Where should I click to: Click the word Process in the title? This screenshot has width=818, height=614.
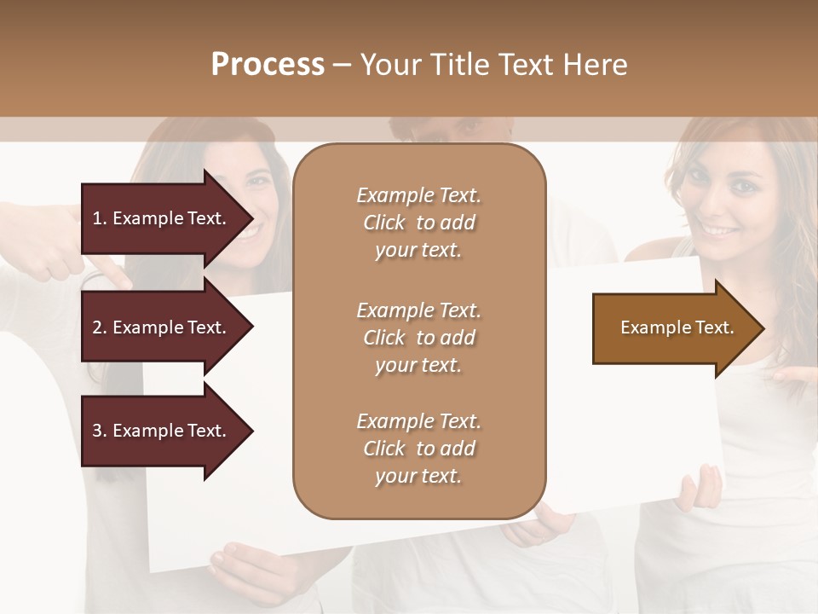point(268,65)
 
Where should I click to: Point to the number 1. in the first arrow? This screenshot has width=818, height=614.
point(99,218)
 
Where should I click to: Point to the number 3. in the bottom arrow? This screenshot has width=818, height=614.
point(99,431)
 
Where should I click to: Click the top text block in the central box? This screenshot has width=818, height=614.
point(418,223)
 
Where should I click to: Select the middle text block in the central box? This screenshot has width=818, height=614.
point(418,338)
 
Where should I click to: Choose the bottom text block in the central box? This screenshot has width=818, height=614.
point(418,449)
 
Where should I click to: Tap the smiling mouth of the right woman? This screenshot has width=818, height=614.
point(720,231)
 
